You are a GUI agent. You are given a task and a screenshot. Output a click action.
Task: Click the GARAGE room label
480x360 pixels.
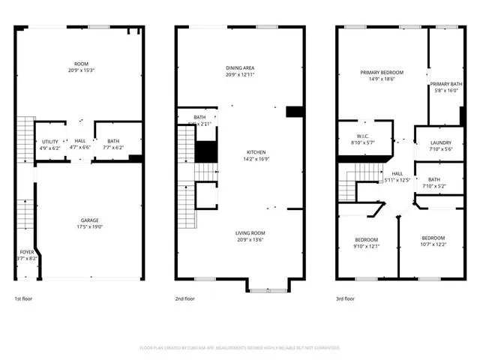(x=90, y=220)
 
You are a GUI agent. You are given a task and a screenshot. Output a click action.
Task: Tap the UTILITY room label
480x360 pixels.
(x=50, y=141)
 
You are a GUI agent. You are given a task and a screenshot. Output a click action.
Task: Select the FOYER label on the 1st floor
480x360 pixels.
(x=26, y=251)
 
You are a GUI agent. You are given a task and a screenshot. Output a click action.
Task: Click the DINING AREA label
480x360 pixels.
(x=240, y=68)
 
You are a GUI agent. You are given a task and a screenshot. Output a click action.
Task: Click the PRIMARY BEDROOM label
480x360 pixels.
(x=382, y=73)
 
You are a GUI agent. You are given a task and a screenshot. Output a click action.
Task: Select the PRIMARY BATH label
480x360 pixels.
(x=445, y=83)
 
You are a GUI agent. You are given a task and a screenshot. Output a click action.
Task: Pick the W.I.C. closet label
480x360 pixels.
(x=362, y=136)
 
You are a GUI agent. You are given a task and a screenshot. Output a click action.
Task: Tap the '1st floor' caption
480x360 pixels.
(x=24, y=298)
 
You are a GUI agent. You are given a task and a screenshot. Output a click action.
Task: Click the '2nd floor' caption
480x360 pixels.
(x=185, y=298)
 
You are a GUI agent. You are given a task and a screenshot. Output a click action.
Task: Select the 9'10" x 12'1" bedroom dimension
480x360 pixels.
(x=367, y=246)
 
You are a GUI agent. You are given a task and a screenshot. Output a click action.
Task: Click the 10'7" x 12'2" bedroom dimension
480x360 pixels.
(x=433, y=244)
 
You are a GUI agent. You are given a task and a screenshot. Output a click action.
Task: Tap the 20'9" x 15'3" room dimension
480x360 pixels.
(x=81, y=70)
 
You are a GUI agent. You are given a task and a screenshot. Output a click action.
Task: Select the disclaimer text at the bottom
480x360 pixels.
(x=240, y=348)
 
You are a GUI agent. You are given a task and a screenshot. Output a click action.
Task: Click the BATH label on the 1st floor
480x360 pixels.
(x=112, y=141)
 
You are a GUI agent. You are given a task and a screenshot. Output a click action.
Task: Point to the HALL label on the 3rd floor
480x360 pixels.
(x=397, y=173)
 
